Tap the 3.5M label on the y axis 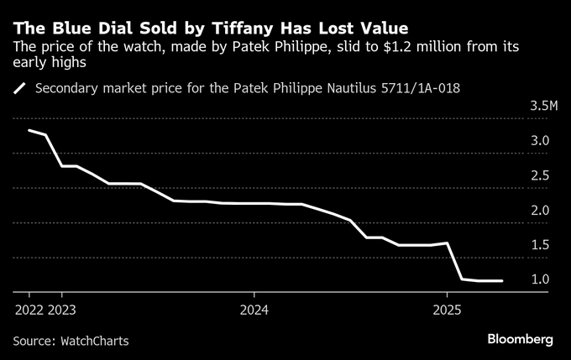point(544,107)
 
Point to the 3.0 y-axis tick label point(540,141)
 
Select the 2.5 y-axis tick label point(540,175)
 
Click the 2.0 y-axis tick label point(540,210)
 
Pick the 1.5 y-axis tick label point(540,244)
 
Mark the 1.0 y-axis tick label point(540,279)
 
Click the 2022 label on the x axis point(29,309)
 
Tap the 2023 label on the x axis point(62,309)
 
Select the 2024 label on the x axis point(254,309)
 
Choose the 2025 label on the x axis point(447,309)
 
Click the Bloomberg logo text point(521,339)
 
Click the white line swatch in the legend point(20,86)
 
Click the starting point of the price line point(29,130)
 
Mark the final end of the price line point(502,281)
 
